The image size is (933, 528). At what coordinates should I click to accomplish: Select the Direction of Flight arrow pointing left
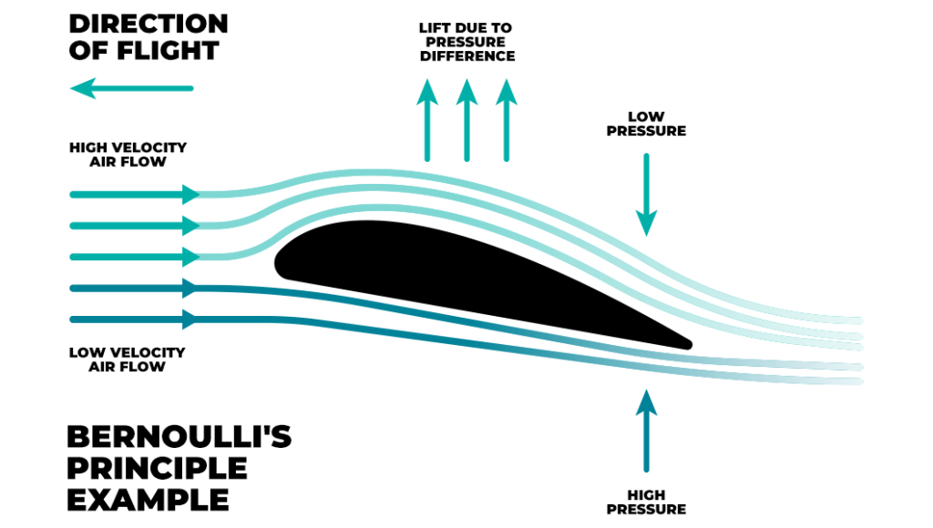tap(132, 88)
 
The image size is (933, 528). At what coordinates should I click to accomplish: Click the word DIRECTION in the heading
tap(149, 23)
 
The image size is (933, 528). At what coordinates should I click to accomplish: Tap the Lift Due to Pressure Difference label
tap(466, 43)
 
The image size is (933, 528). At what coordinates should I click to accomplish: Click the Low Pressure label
tap(646, 124)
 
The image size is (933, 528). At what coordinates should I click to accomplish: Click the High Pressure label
tap(646, 502)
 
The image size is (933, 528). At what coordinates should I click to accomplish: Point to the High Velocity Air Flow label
tap(128, 154)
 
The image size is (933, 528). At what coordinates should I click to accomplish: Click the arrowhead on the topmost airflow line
tap(191, 194)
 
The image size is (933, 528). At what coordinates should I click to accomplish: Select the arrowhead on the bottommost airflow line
tap(191, 320)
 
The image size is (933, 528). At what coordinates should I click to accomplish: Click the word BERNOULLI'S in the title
tap(179, 437)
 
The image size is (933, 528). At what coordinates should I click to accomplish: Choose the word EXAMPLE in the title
tap(149, 499)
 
